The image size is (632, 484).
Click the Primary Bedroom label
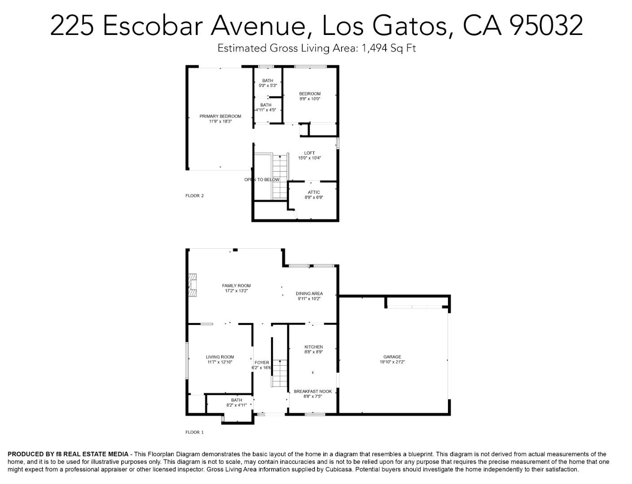pos(220,119)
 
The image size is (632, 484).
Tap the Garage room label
pos(392,359)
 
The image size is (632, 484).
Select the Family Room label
pos(236,288)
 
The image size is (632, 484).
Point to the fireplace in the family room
pos(193,285)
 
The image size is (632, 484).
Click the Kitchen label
pos(313,349)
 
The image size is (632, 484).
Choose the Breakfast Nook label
pos(313,393)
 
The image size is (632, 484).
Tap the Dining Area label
pos(309,296)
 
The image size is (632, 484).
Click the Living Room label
pos(220,359)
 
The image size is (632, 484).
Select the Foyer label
pos(262,365)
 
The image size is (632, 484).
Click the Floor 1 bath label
pos(237,402)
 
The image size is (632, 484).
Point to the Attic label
pos(314,194)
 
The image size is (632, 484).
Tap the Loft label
pos(309,156)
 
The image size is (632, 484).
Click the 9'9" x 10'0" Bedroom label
pos(310,96)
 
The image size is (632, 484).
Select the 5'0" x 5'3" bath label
pos(268,83)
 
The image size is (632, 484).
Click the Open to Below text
pos(262,180)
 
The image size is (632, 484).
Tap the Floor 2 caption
pos(194,195)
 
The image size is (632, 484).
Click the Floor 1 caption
pos(194,432)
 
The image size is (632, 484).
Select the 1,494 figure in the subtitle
pos(372,48)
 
